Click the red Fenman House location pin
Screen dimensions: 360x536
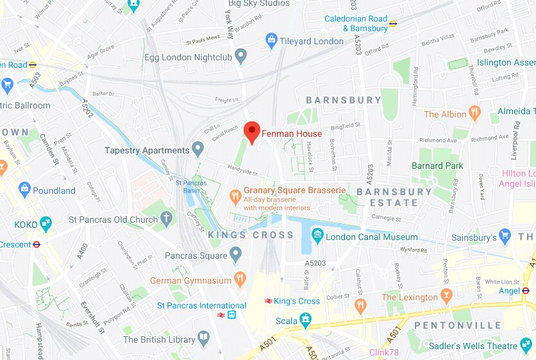pyautogui.click(x=252, y=132)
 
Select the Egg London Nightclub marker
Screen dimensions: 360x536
pyautogui.click(x=241, y=56)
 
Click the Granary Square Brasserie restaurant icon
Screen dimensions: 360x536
pyautogui.click(x=235, y=193)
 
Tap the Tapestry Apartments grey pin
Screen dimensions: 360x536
pyautogui.click(x=198, y=150)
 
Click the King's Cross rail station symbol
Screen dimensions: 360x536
pyautogui.click(x=267, y=301)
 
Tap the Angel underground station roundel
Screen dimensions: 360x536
pyautogui.click(x=526, y=291)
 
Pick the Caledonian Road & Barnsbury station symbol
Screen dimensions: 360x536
pyautogui.click(x=393, y=24)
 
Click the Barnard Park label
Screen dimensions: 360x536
pyautogui.click(x=437, y=166)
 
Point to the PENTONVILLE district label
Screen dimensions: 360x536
pyautogui.click(x=458, y=325)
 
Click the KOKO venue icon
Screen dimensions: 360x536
pyautogui.click(x=46, y=224)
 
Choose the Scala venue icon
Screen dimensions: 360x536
pyautogui.click(x=305, y=319)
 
